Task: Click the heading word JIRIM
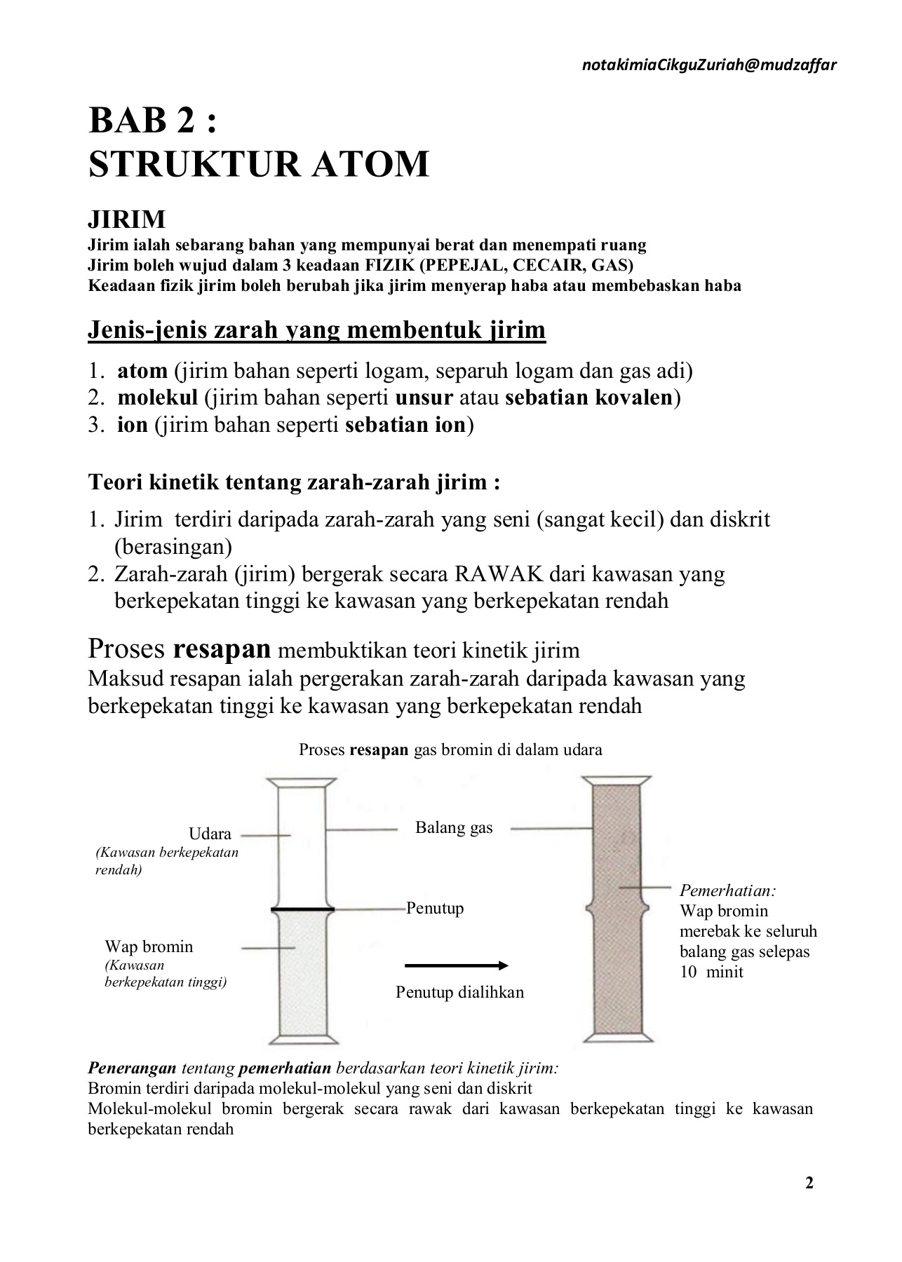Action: (127, 219)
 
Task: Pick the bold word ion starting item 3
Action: (133, 425)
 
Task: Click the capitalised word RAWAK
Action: (499, 574)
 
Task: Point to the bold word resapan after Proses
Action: (222, 649)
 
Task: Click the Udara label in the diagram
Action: (210, 834)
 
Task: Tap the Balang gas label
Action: (454, 828)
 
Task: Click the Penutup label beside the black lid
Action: (435, 909)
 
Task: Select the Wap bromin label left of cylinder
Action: (149, 946)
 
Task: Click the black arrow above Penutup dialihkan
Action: (457, 966)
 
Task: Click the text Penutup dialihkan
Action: (459, 992)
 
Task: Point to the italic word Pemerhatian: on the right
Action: (727, 891)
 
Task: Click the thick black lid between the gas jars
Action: (302, 909)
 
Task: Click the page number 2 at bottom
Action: (809, 1183)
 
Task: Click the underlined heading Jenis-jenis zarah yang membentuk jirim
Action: (316, 330)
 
